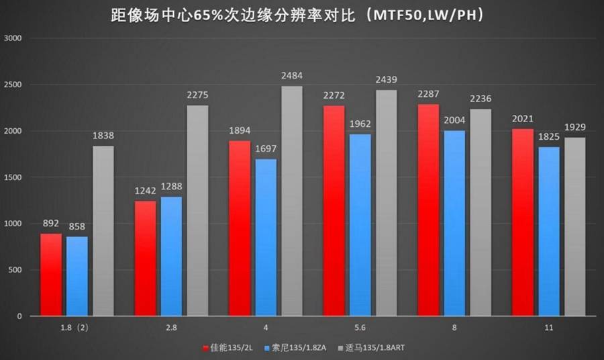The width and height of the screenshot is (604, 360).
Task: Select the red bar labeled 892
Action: (50, 275)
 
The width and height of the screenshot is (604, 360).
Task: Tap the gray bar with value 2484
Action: (291, 201)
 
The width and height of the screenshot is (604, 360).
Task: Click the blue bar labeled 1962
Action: (360, 225)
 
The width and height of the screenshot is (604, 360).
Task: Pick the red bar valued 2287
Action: (428, 210)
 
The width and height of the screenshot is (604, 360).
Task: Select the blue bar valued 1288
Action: (171, 256)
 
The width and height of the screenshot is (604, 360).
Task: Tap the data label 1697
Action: (265, 148)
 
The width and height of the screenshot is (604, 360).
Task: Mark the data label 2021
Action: (522, 118)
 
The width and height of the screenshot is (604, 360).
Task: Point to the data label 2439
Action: (386, 79)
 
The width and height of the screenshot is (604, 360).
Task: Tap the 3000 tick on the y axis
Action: (15, 39)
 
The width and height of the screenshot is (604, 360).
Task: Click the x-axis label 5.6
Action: (360, 327)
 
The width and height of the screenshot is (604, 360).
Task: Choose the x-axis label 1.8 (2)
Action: (78, 327)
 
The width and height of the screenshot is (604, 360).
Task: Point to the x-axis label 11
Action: (548, 327)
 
